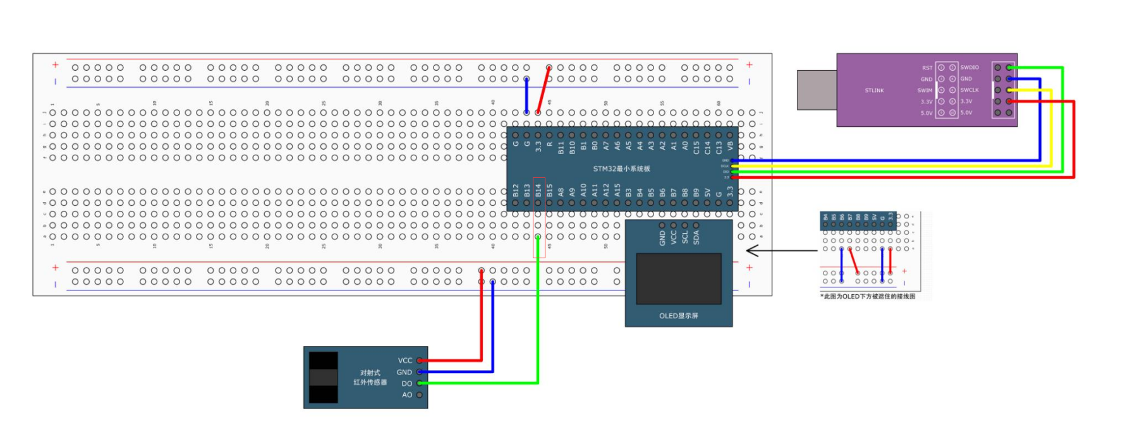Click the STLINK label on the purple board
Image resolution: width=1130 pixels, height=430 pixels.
(x=874, y=91)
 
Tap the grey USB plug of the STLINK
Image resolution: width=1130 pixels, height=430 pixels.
(x=817, y=90)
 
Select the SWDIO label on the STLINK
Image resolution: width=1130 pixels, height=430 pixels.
(x=969, y=68)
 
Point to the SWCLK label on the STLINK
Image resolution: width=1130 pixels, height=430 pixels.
(x=969, y=90)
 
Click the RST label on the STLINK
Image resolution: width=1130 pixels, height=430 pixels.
(x=927, y=68)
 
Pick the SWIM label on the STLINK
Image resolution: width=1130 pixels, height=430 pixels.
(x=925, y=90)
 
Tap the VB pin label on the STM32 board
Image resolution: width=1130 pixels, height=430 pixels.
(x=730, y=146)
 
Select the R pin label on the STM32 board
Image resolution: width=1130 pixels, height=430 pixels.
(x=550, y=145)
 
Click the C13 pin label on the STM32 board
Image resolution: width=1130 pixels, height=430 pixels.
(x=719, y=148)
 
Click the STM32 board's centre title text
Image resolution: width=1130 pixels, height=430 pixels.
(x=621, y=169)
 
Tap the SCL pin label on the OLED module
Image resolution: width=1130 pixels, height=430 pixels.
(x=685, y=237)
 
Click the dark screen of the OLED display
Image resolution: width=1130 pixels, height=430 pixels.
(x=679, y=278)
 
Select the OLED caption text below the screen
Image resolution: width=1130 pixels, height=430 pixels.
(x=678, y=316)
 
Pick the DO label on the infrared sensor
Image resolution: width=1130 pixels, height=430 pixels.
(x=407, y=383)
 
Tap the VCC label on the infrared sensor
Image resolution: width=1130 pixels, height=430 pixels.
(x=405, y=361)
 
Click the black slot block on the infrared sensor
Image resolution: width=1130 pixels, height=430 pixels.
(x=324, y=377)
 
